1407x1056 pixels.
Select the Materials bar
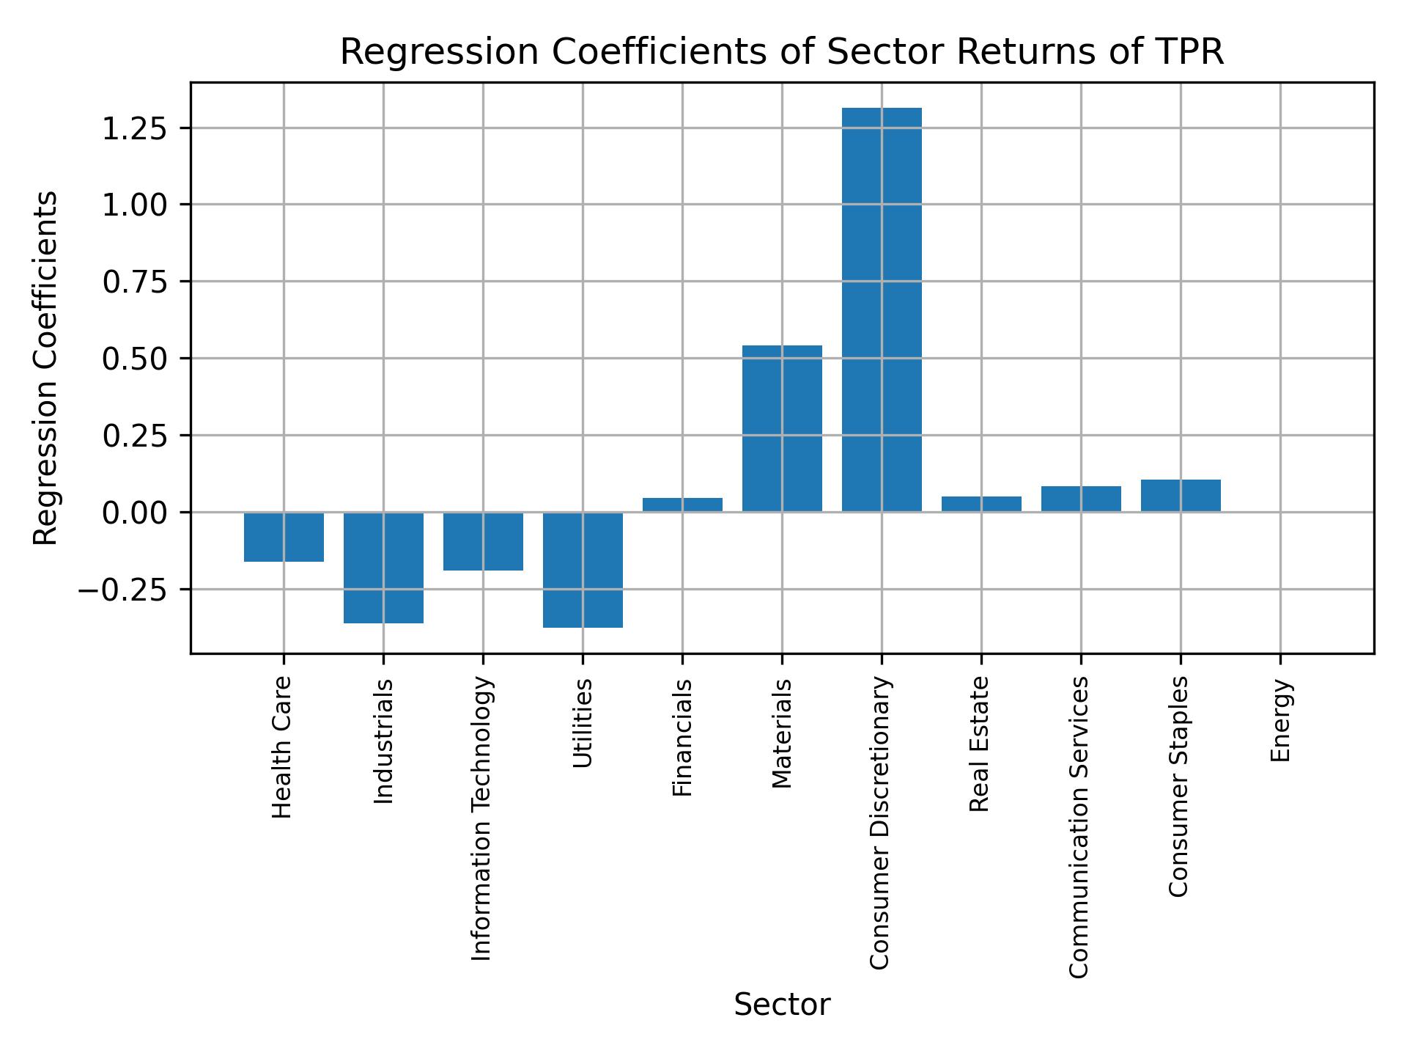782,428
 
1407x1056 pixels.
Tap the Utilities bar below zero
583,570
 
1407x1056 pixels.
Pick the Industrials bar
383,568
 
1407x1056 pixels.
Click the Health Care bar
284,537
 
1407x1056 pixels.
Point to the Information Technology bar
483,541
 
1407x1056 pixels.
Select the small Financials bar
682,505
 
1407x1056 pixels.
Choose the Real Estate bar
981,504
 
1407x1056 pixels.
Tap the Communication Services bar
1081,499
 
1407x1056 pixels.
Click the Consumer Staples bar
1181,496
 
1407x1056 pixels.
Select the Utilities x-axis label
582,723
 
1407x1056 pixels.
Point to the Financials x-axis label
682,738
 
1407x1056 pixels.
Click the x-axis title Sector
782,1005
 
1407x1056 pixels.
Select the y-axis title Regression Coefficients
46,368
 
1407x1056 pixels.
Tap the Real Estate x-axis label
980,744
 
